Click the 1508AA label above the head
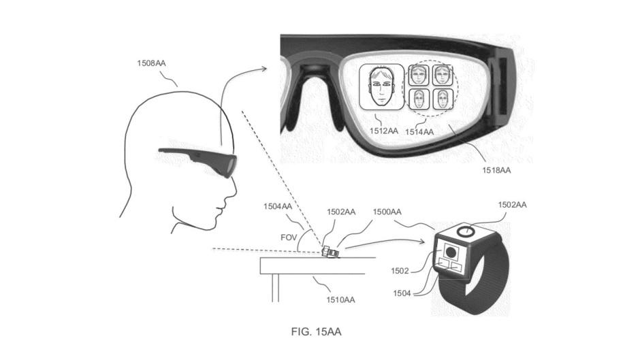(151, 63)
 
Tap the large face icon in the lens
(382, 88)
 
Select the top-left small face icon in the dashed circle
(419, 75)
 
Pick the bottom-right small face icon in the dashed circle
(443, 99)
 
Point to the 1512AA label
(384, 131)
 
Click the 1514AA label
(419, 132)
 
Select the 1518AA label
(496, 170)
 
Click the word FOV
(289, 238)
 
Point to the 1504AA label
(278, 206)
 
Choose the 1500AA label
(387, 212)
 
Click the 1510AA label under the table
(340, 300)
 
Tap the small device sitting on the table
(330, 251)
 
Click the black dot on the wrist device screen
(451, 252)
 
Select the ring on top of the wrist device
(466, 231)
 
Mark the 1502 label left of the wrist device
(400, 271)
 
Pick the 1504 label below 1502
(402, 293)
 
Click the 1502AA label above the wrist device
(512, 205)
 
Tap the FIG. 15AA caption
(317, 332)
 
